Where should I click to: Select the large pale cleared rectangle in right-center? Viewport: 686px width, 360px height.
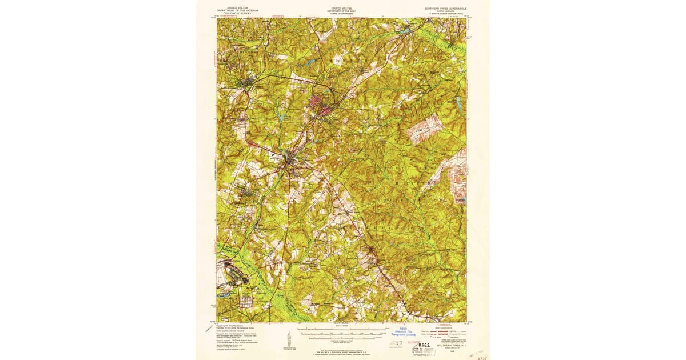(x=424, y=129)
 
